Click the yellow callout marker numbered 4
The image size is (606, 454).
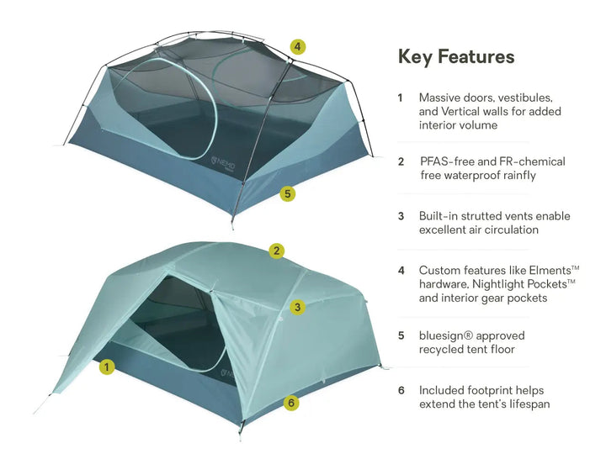298,47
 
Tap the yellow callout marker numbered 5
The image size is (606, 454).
288,193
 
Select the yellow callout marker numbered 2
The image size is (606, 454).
277,251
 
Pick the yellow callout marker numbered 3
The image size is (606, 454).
298,308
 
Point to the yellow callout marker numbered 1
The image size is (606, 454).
107,367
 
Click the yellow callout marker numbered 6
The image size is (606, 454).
291,403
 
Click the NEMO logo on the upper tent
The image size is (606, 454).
223,163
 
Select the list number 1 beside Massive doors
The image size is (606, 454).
401,98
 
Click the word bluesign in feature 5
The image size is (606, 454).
442,335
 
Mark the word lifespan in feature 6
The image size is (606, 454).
530,404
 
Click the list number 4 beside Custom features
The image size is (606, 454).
401,270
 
